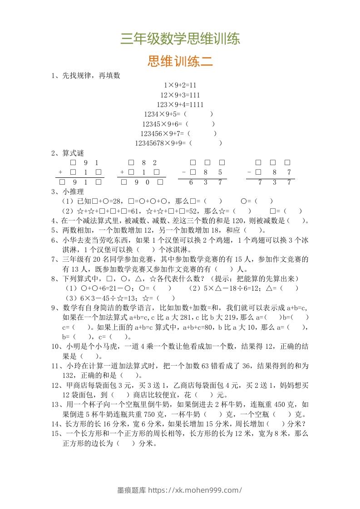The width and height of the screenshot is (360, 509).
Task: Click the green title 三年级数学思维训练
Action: pyautogui.click(x=180, y=39)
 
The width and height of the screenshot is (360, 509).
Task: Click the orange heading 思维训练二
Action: pyautogui.click(x=180, y=61)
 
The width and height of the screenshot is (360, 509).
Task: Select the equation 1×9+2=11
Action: pyautogui.click(x=180, y=85)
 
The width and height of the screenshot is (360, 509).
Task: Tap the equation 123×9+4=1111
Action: pyautogui.click(x=180, y=104)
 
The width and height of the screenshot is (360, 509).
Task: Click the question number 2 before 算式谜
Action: pyautogui.click(x=54, y=153)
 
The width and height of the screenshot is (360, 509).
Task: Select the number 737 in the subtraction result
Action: pyautogui.click(x=274, y=182)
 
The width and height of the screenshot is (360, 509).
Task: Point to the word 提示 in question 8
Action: pyautogui.click(x=242, y=278)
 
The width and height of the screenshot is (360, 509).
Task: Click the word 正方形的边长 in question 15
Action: pyautogui.click(x=85, y=444)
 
